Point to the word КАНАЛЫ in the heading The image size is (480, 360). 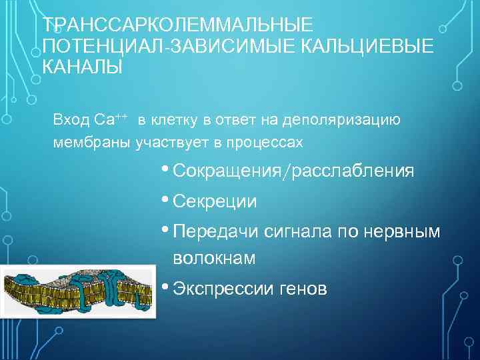(83, 67)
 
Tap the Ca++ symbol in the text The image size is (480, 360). (111, 119)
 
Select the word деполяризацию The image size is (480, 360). (341, 120)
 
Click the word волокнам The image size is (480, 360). (213, 258)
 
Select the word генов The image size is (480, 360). (303, 289)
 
